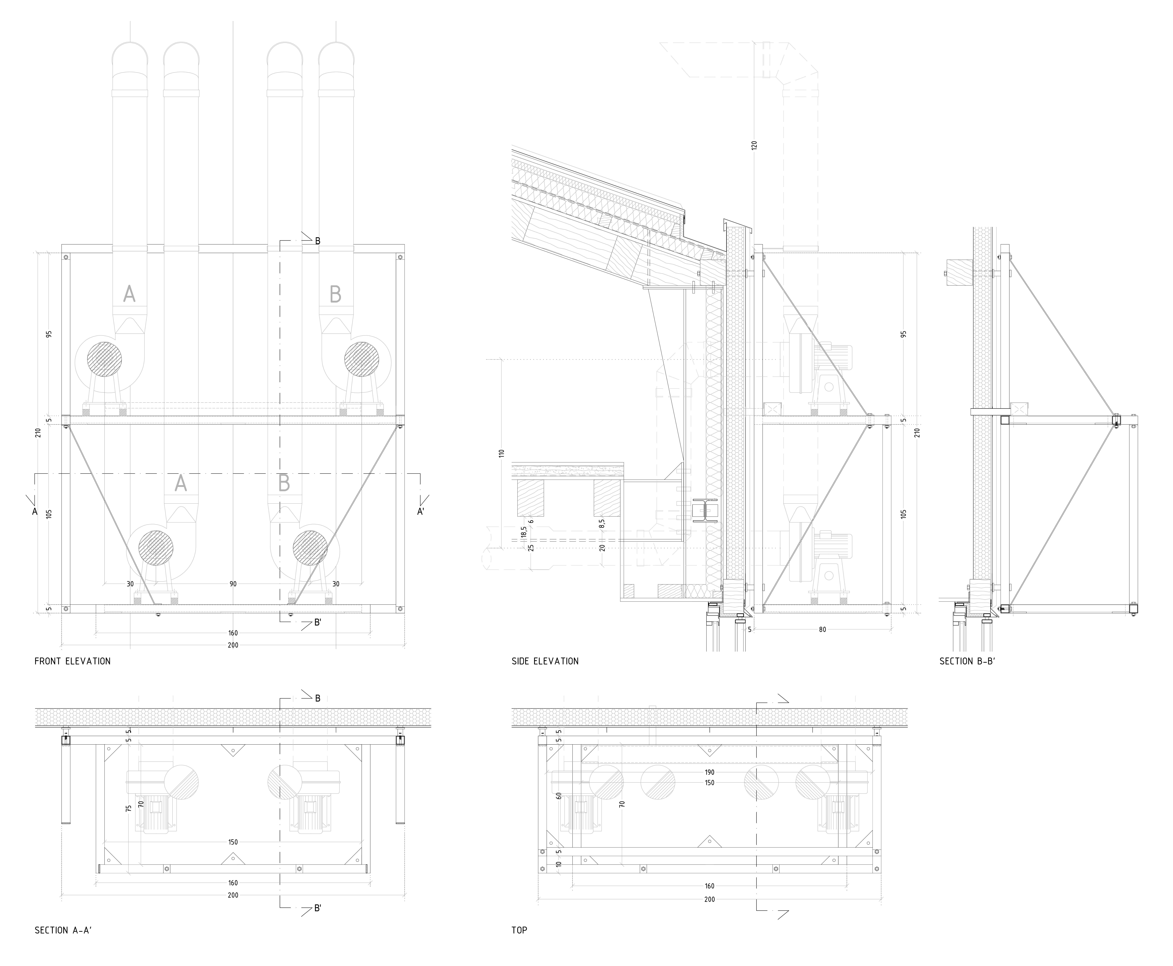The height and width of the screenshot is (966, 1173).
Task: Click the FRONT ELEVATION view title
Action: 72,661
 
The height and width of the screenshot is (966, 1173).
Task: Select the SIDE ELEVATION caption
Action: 545,661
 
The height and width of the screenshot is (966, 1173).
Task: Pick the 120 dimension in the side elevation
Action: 754,146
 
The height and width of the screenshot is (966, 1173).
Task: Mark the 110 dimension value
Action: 502,454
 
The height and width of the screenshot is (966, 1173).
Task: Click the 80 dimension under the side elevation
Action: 822,629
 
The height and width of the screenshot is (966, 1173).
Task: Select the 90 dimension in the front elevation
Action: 233,584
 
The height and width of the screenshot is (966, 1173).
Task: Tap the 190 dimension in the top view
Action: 709,772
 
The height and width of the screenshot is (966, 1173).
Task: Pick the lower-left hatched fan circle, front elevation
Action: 156,548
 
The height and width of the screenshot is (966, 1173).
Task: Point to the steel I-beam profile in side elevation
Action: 705,511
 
